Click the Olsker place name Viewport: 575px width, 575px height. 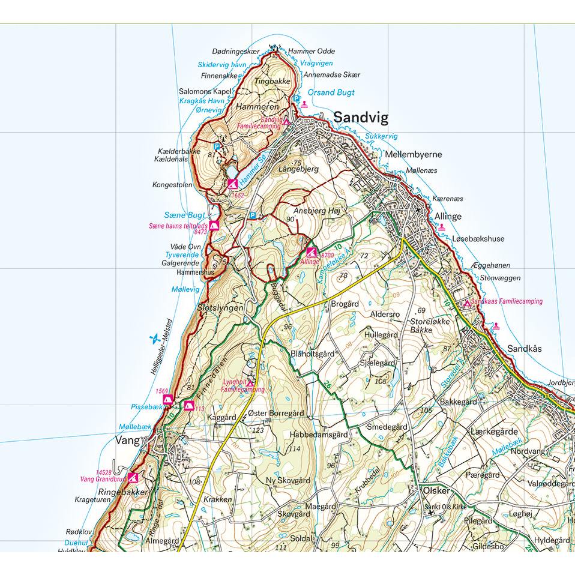(436, 490)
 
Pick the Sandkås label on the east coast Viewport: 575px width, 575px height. (525, 348)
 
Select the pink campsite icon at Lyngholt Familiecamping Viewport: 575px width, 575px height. (250, 382)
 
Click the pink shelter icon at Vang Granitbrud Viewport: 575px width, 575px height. (133, 478)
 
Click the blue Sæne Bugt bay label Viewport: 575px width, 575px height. (184, 215)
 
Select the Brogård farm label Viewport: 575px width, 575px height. (345, 304)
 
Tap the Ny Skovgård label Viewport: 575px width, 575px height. (287, 481)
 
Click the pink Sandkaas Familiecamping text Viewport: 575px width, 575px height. (507, 301)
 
